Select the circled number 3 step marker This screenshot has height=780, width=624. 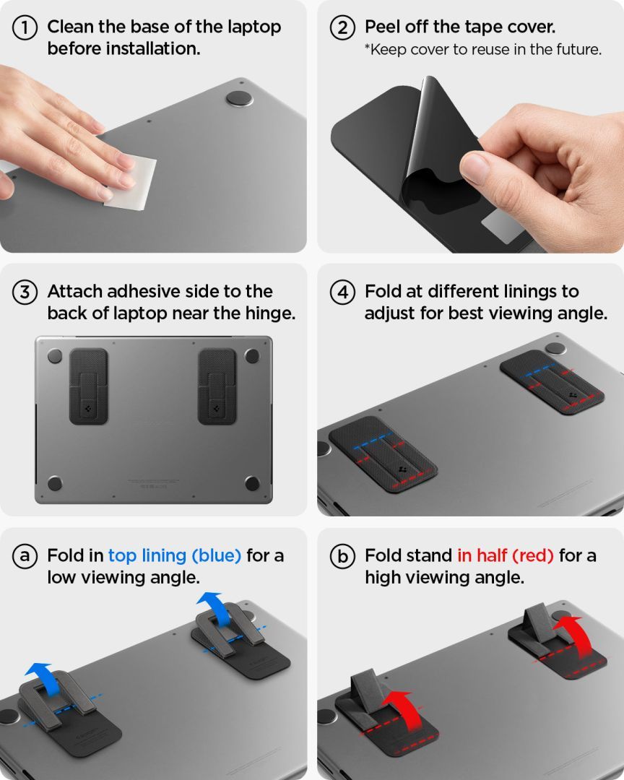(x=25, y=292)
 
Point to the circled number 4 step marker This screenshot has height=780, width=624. (x=343, y=292)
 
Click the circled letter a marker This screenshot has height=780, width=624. (x=25, y=557)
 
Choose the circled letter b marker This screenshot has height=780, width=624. (x=343, y=557)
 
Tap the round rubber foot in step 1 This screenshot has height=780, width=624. (x=239, y=99)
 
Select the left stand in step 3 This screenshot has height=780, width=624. (x=88, y=386)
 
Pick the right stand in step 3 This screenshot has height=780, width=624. (x=217, y=386)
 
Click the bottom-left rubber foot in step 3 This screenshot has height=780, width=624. (x=54, y=482)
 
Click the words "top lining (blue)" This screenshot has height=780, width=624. (x=174, y=555)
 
